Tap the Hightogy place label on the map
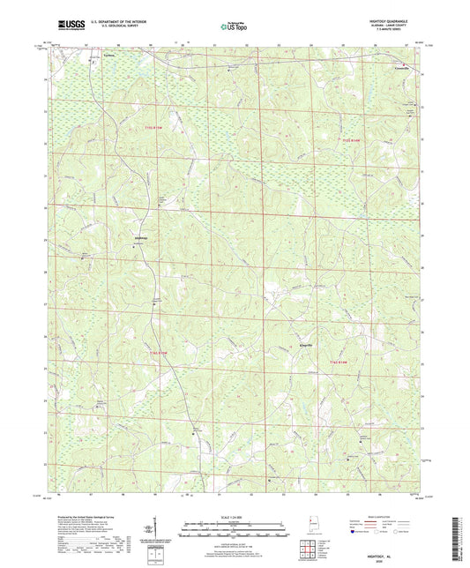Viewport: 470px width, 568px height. pos(139,238)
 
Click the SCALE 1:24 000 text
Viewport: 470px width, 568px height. pos(235,516)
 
